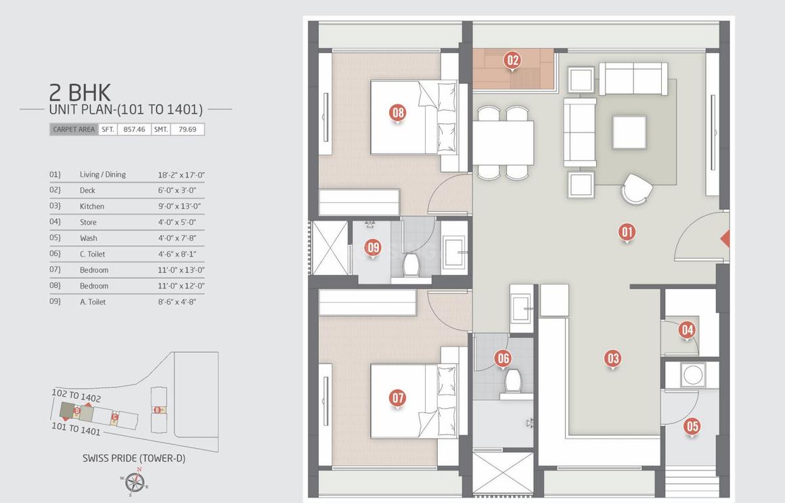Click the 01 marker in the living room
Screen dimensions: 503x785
pyautogui.click(x=627, y=232)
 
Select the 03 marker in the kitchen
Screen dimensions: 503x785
pyautogui.click(x=612, y=358)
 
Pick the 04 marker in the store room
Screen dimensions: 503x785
pyautogui.click(x=687, y=330)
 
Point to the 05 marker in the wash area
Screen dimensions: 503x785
pyautogui.click(x=692, y=426)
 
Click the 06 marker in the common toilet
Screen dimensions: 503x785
pyautogui.click(x=502, y=358)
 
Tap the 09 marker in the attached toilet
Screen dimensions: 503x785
pyautogui.click(x=373, y=248)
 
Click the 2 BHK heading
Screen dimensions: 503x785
pyautogui.click(x=80, y=92)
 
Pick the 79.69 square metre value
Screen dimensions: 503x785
pyautogui.click(x=187, y=129)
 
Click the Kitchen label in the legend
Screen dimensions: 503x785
pyautogui.click(x=92, y=206)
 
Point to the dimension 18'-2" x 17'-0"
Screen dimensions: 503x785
pyautogui.click(x=181, y=175)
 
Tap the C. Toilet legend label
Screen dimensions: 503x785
pyautogui.click(x=93, y=254)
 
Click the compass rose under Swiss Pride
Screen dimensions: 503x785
pyautogui.click(x=135, y=482)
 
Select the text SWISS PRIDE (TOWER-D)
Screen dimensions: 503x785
pyautogui.click(x=134, y=458)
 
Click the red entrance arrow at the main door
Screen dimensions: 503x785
pyautogui.click(x=725, y=239)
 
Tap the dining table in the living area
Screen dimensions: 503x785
pyautogui.click(x=503, y=143)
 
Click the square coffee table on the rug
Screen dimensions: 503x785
pyautogui.click(x=629, y=132)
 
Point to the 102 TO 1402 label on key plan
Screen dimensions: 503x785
pyautogui.click(x=76, y=396)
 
